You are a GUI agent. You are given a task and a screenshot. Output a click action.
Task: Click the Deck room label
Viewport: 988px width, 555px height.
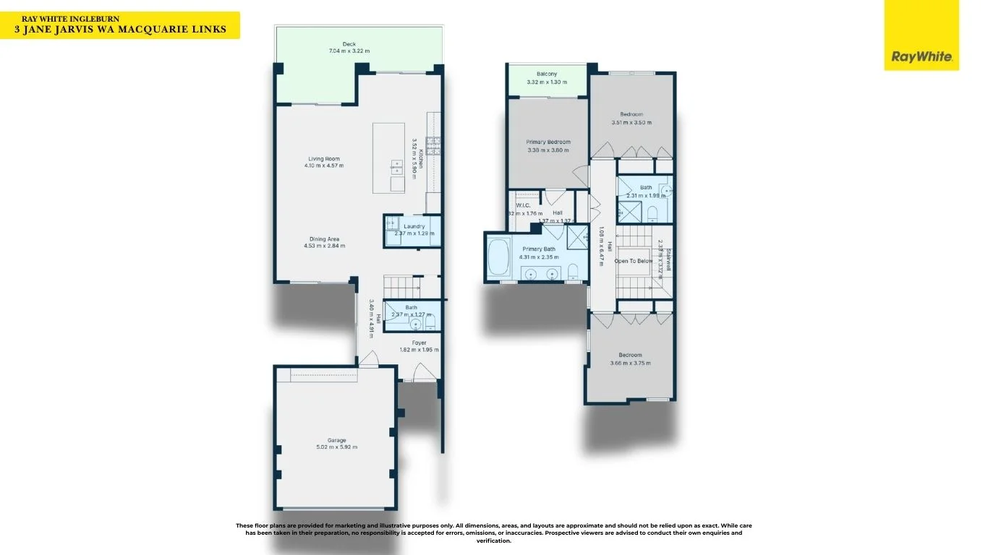pos(349,44)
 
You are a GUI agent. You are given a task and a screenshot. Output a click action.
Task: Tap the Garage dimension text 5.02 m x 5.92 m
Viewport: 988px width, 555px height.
pos(336,447)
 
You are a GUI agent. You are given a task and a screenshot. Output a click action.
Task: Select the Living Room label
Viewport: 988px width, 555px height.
pos(323,158)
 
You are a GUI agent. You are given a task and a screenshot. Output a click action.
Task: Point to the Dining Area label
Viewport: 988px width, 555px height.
pos(323,239)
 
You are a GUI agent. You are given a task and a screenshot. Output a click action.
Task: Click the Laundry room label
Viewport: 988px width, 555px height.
pos(414,226)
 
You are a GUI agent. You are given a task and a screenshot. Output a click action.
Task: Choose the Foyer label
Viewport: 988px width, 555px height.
pos(419,343)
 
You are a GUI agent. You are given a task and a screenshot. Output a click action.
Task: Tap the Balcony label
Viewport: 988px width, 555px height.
pos(546,74)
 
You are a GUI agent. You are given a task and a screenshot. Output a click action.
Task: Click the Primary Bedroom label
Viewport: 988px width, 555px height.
pos(548,142)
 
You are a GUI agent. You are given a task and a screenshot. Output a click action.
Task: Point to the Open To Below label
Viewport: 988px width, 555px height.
pos(634,261)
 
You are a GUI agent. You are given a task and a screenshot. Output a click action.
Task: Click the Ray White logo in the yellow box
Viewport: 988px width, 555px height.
pos(921,56)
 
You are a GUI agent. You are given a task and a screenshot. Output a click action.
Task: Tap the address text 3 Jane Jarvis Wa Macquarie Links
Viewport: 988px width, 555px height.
pos(120,30)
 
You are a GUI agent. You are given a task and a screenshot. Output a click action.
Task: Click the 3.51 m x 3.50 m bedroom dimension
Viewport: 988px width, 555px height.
pos(631,123)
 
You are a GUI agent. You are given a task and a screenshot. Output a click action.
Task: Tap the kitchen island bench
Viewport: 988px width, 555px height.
pos(388,158)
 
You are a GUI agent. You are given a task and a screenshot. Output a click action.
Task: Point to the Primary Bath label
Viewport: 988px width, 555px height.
pos(538,249)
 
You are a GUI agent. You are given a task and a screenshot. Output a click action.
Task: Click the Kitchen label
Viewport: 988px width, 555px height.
pos(421,153)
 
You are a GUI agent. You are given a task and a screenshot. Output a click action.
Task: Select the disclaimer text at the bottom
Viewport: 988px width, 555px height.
pos(493,533)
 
